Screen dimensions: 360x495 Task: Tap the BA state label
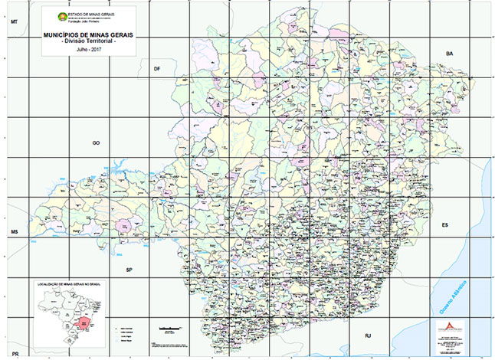tap(450, 53)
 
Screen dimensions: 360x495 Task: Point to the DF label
tap(157, 69)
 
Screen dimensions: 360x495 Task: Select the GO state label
tap(97, 142)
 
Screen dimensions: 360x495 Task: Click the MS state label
tap(13, 231)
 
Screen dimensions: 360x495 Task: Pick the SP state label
tap(129, 270)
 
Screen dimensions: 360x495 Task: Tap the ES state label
tap(444, 225)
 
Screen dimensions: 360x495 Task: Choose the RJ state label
tap(367, 335)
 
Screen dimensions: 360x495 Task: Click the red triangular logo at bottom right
tap(451, 325)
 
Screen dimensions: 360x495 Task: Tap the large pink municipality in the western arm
tap(123, 227)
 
